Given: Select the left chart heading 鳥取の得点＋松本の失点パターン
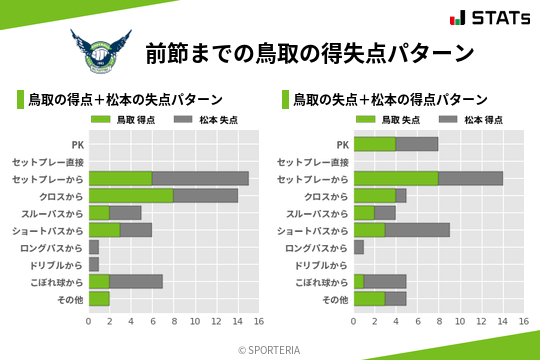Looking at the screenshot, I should point(125,100).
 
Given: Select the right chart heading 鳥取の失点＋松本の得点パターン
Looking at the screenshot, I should point(390,100).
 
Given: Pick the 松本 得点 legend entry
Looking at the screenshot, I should point(474,120).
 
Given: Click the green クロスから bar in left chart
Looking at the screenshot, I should point(131,196).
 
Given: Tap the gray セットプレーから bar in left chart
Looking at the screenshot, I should point(200,178).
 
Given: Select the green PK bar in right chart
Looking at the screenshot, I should point(375,144).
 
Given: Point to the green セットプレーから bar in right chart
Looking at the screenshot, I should point(396,178).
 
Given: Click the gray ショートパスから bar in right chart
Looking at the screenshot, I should point(417,230).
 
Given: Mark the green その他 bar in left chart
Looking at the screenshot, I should point(99,299).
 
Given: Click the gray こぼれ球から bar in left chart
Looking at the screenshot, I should point(136,282).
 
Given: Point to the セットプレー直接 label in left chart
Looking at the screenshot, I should point(55,162).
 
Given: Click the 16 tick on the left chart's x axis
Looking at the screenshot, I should point(258,322).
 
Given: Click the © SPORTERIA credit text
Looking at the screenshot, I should point(270,349).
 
